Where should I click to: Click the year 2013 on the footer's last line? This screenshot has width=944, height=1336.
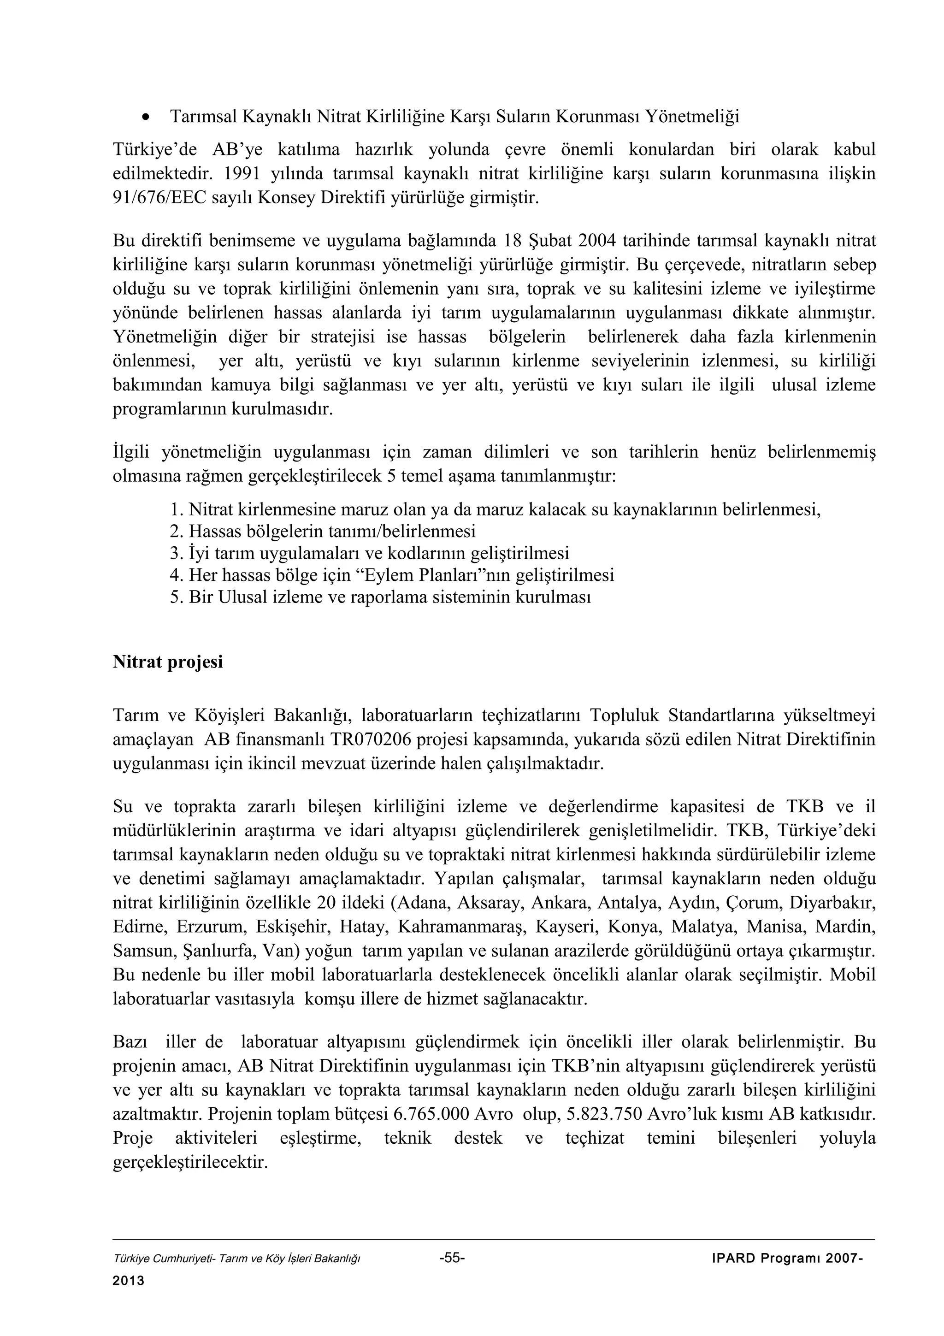coord(128,1281)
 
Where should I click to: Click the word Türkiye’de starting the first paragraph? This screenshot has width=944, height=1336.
coord(155,150)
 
